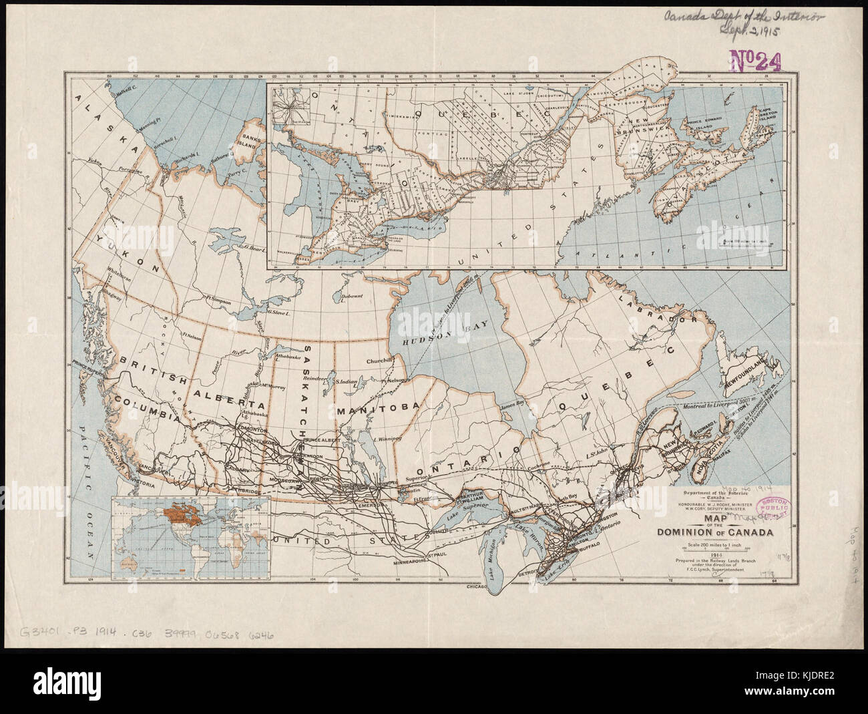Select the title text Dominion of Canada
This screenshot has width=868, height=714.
(x=715, y=532)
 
